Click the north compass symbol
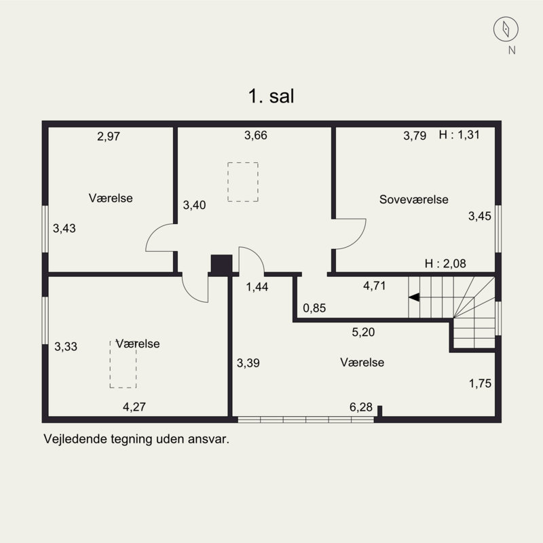coord(506,29)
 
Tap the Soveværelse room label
coord(413,200)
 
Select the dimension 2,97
coord(109,136)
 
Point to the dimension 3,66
coord(256,135)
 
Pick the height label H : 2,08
coord(445,264)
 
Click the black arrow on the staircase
coord(413,297)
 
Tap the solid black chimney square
coord(221,264)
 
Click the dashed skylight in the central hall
coord(243,181)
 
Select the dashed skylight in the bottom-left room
coord(123,364)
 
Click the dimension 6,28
coord(360,407)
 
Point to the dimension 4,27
coord(134,407)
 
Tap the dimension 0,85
coord(314,308)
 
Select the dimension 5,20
coord(363,333)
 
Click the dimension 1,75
coord(480,383)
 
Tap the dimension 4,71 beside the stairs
coord(374,286)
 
